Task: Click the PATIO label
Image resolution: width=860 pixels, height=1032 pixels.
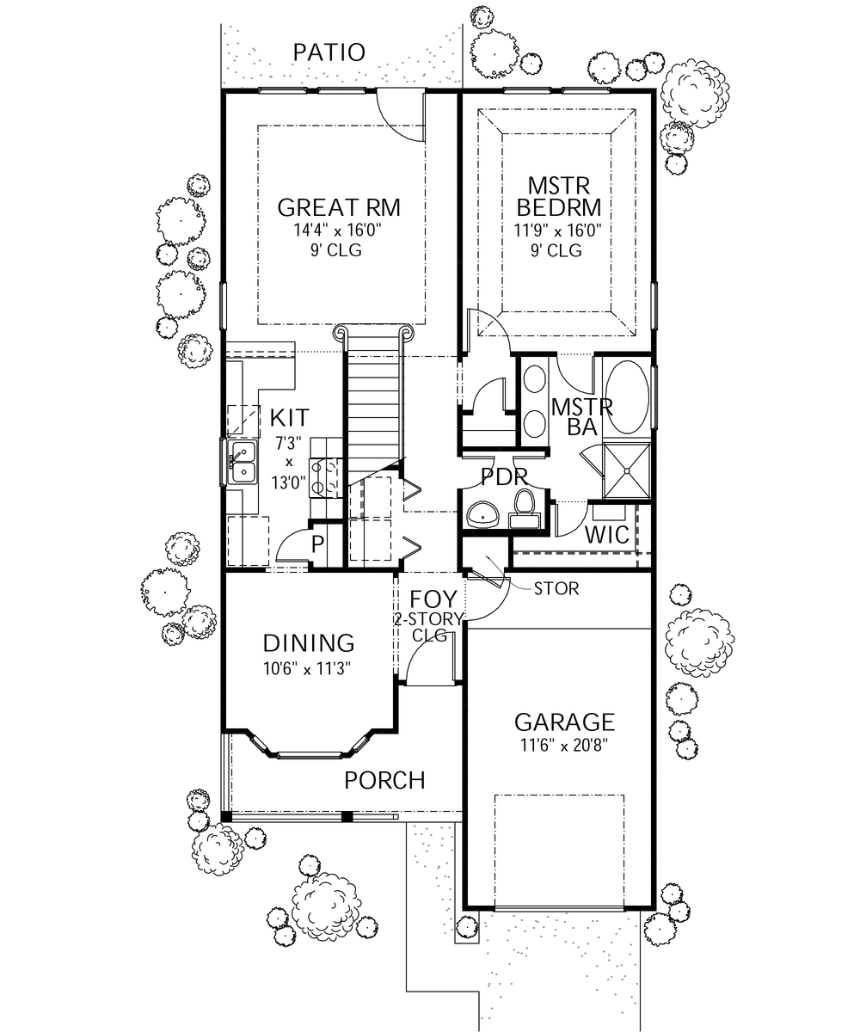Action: (329, 52)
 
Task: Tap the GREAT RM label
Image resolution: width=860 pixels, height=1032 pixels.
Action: (339, 208)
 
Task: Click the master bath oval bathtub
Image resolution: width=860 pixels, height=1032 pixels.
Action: (626, 398)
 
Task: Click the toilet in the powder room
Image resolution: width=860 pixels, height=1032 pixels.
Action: (523, 507)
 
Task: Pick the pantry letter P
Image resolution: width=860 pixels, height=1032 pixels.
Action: (317, 544)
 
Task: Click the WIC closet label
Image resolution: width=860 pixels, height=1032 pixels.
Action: (607, 534)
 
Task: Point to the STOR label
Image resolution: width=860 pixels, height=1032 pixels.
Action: (556, 590)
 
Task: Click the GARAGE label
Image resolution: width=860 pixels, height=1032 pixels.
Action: (564, 722)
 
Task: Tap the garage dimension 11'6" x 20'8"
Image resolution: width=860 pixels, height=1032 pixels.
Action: (564, 745)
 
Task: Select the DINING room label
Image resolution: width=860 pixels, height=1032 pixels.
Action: (309, 643)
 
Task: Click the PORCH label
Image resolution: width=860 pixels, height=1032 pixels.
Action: (384, 781)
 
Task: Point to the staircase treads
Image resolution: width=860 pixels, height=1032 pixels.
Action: (373, 404)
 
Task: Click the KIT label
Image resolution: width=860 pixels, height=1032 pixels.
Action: (289, 419)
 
